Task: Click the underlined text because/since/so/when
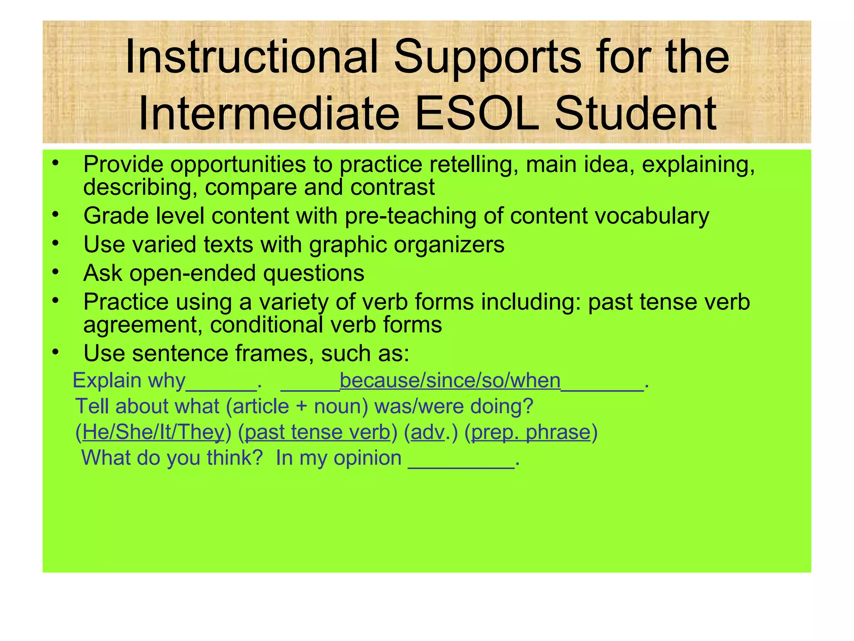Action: click(450, 380)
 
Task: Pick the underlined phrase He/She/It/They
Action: click(153, 432)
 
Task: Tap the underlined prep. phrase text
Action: click(531, 432)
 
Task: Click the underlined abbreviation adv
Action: click(428, 432)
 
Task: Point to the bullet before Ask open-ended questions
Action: click(55, 272)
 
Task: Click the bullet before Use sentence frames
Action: click(55, 352)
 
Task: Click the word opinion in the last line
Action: click(367, 458)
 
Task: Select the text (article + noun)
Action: click(297, 406)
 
